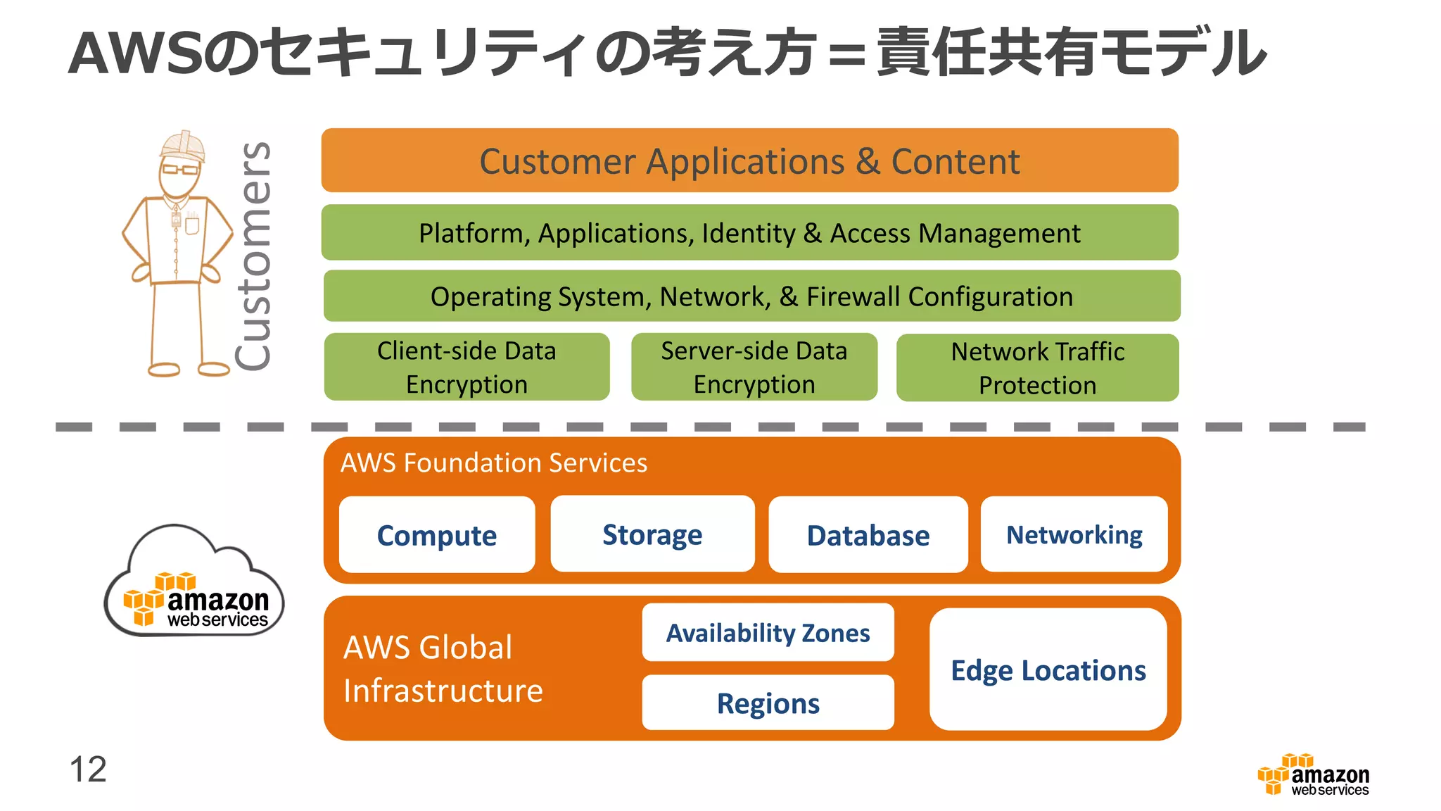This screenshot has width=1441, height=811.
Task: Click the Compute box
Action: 437,535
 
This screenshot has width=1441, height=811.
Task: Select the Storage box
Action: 652,534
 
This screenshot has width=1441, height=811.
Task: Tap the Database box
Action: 868,535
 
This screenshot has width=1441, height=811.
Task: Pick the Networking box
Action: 1074,534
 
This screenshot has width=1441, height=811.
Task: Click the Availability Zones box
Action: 768,632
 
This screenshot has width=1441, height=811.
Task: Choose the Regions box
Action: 768,703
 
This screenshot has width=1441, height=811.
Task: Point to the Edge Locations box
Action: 1048,669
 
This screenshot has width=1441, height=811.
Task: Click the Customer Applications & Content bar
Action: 749,161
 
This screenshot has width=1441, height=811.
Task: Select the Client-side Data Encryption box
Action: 466,367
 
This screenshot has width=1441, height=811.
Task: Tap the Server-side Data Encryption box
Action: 754,367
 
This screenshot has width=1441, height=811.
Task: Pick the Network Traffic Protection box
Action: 1037,367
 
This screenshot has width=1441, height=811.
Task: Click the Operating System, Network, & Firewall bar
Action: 751,296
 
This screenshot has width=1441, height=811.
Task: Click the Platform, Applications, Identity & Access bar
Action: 749,233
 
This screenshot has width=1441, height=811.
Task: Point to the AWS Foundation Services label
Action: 493,463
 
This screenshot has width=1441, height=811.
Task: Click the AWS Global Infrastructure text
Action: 443,668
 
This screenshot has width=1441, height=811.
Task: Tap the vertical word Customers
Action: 253,256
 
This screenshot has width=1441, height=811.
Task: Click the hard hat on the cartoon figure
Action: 182,146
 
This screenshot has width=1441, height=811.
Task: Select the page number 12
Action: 88,769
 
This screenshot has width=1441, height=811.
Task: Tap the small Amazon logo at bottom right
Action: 1313,775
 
